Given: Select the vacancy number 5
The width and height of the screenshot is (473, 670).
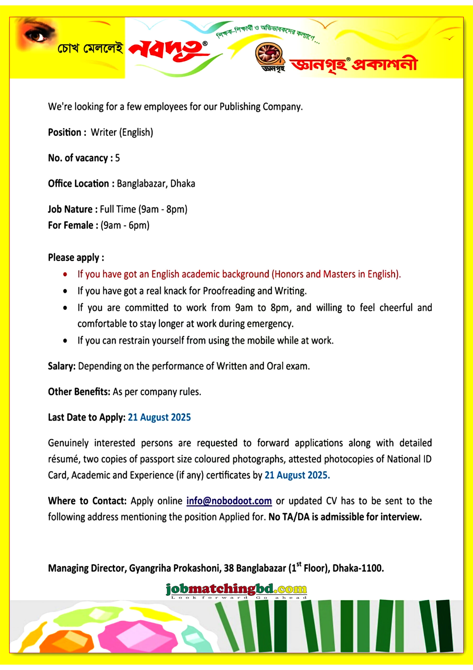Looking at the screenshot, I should pos(117,158).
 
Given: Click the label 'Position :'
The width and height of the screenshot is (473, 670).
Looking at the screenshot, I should pos(67,132).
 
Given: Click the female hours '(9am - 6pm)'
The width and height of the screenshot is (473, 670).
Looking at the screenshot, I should pos(125,225).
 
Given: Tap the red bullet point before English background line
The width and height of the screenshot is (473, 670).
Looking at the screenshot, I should pos(65,274).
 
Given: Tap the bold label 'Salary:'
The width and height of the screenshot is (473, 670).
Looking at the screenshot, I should pos(62,366).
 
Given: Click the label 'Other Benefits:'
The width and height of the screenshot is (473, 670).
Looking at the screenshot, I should pos(79,392).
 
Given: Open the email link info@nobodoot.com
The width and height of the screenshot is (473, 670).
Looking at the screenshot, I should pos(229,501).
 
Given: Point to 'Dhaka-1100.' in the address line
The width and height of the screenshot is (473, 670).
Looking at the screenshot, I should pos(358,568).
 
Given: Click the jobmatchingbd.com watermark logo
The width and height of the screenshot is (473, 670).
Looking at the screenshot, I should pos(236,590).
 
